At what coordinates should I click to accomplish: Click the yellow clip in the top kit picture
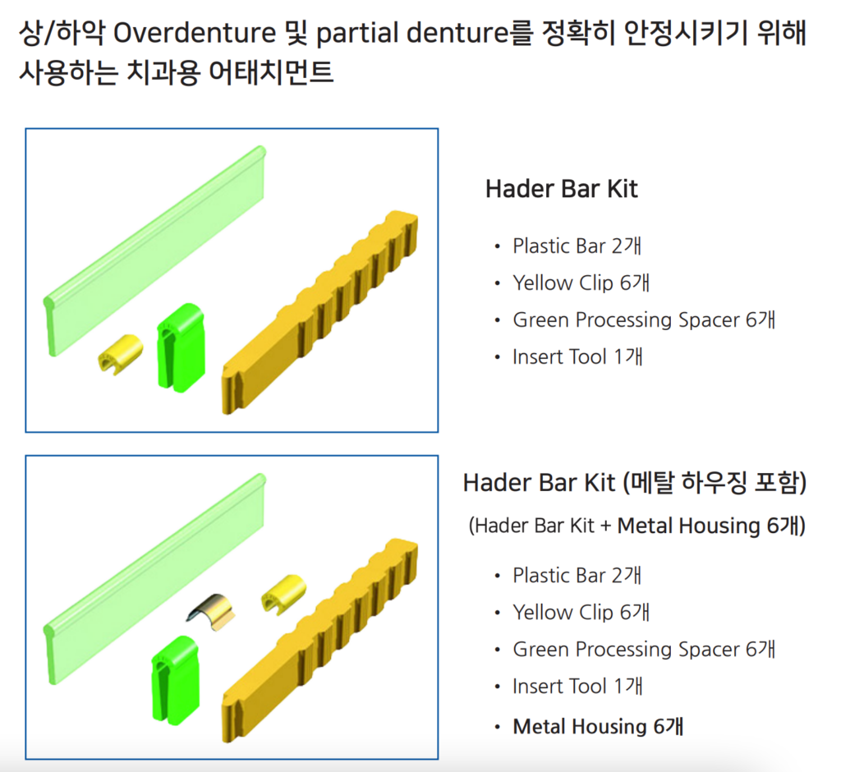(121, 353)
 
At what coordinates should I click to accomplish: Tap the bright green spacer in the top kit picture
(181, 347)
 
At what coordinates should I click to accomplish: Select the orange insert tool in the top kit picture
(320, 312)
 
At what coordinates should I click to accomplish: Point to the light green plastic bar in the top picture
(154, 250)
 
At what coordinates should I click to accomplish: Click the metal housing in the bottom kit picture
(212, 612)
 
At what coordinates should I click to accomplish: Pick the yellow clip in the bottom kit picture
(283, 593)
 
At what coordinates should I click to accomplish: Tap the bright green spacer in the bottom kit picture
(176, 680)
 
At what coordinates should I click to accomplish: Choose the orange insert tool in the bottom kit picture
(320, 641)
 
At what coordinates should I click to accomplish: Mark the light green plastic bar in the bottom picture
(154, 579)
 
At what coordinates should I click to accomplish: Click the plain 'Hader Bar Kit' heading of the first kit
(562, 189)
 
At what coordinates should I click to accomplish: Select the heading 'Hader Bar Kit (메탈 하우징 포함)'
(635, 482)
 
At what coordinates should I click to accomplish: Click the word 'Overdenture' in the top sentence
(195, 33)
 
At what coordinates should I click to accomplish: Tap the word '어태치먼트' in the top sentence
(271, 72)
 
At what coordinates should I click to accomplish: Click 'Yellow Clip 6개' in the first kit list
(581, 283)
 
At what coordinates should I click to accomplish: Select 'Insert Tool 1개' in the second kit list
(577, 686)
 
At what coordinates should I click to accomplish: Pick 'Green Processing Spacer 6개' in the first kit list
(644, 319)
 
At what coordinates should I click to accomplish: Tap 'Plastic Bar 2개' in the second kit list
(577, 575)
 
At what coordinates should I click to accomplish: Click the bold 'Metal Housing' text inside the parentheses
(689, 526)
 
